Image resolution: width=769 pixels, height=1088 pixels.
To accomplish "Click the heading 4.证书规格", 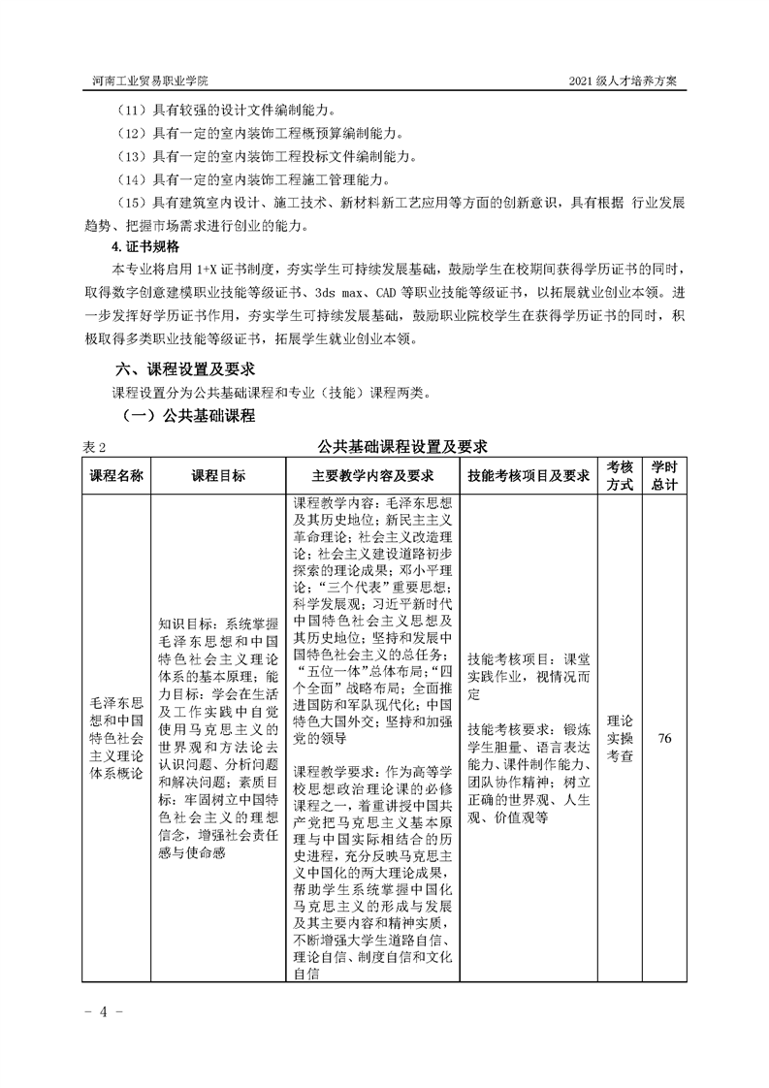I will click(144, 246).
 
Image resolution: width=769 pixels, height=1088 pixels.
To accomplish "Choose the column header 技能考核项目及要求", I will click(529, 476).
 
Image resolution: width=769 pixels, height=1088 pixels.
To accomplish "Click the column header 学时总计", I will click(664, 476).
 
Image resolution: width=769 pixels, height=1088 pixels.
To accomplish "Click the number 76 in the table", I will click(664, 739).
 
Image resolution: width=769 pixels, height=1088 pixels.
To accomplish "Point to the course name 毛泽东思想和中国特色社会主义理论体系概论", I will click(115, 739).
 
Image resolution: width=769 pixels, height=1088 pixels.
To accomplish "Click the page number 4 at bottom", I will click(98, 1011).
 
